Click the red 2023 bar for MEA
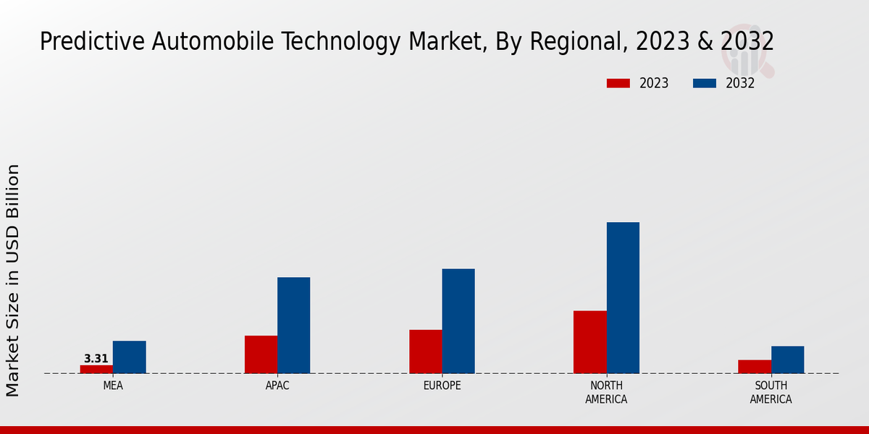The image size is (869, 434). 96,369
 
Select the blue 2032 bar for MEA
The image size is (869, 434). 129,357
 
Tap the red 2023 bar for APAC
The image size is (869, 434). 261,354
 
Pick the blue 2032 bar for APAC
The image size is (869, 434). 293,325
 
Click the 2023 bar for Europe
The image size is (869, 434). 425,352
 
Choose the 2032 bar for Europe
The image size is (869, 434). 458,321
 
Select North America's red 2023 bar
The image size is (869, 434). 589,342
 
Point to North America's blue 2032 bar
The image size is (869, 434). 623,298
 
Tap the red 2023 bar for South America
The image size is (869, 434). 754,367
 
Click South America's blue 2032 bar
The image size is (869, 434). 787,359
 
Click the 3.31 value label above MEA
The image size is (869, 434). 96,359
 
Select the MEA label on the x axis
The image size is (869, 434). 113,386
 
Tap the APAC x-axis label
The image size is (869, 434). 277,386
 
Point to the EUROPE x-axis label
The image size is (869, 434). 442,386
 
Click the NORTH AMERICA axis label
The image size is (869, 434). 606,393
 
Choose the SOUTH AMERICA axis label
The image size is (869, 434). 771,393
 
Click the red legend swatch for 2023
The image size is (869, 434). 618,83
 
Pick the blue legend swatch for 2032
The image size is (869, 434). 705,83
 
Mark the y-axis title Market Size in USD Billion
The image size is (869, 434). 13,281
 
